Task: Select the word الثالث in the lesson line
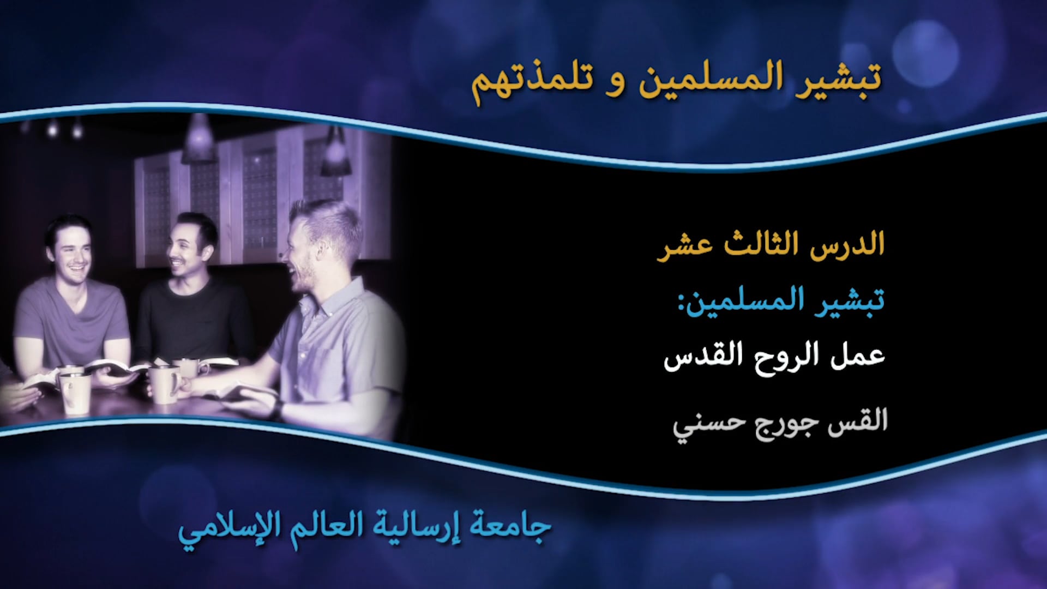point(760,245)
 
